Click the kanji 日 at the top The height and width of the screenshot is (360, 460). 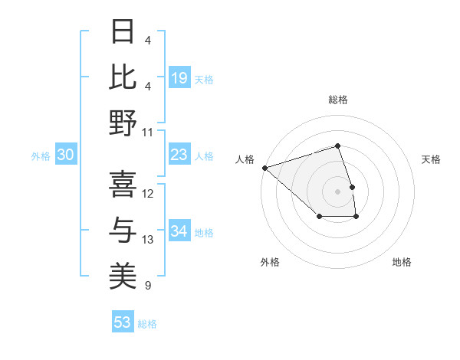tap(123, 31)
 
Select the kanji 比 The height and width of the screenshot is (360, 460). tap(123, 77)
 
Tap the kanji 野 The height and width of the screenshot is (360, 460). tap(123, 123)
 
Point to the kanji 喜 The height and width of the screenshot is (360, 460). tap(123, 184)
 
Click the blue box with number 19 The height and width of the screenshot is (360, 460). tap(179, 77)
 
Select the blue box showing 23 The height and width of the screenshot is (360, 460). tap(179, 155)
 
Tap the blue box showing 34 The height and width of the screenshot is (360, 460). tap(179, 231)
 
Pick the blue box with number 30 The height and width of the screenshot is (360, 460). tap(66, 155)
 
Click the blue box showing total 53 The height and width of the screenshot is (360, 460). tap(123, 322)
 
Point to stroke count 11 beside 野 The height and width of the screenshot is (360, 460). tap(148, 132)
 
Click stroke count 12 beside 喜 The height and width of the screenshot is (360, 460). tap(148, 193)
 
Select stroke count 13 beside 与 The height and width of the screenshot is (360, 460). tap(148, 240)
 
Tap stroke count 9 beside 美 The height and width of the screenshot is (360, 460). tap(148, 286)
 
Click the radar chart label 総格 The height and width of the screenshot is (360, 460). tap(338, 100)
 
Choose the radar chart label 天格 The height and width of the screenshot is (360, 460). tap(431, 159)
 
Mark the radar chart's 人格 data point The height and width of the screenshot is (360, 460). tap(264, 167)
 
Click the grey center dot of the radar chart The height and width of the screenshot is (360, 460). tap(338, 191)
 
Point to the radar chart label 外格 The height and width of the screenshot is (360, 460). tap(270, 262)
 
